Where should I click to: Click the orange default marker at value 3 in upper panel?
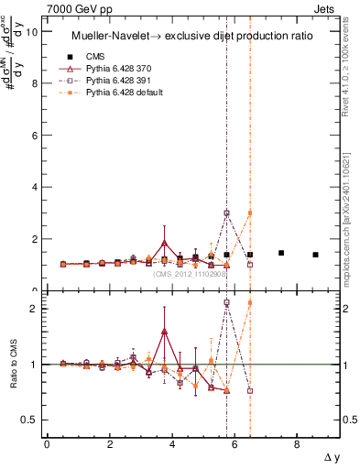(250, 213)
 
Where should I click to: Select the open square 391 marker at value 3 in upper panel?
(226, 213)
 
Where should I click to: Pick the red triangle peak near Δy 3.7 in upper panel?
(164, 243)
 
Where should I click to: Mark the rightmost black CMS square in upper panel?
(315, 255)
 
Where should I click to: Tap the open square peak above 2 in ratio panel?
(226, 302)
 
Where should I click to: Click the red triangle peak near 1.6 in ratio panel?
(164, 332)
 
